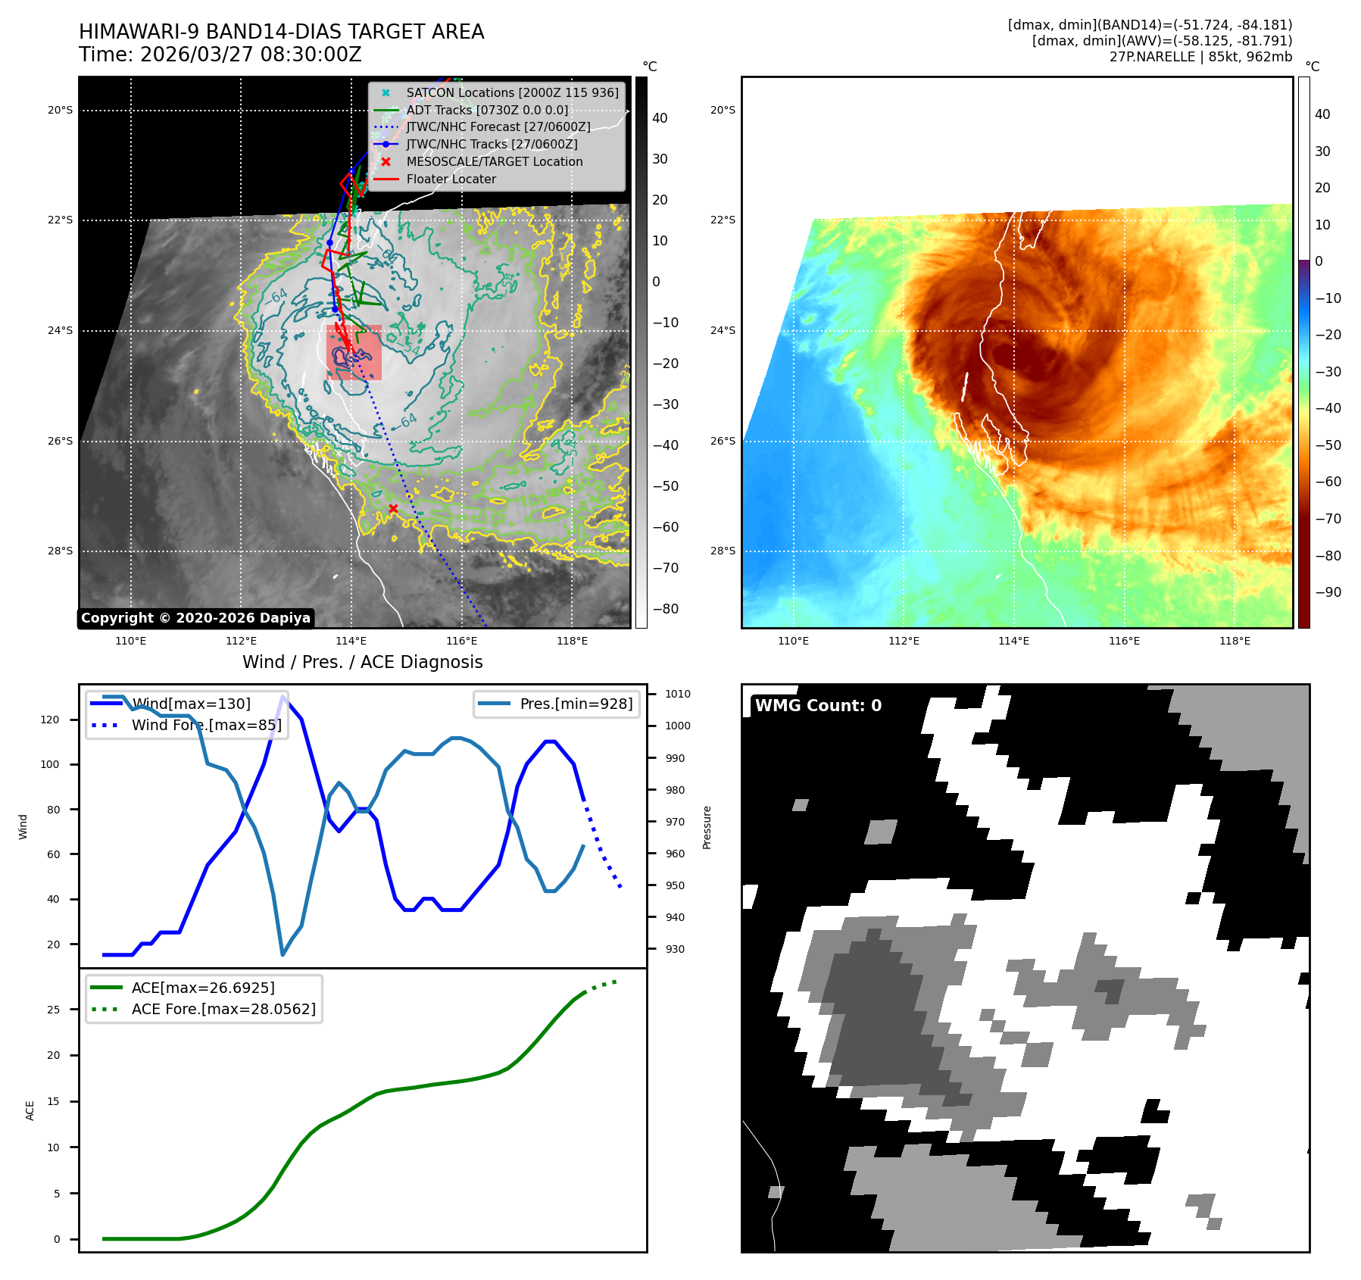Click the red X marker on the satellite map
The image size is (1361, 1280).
tap(393, 508)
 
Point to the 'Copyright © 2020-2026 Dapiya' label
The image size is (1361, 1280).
tap(195, 618)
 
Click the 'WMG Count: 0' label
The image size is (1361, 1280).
tap(818, 705)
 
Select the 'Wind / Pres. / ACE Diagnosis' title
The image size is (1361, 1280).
tap(363, 662)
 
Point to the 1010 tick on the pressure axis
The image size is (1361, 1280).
tap(678, 694)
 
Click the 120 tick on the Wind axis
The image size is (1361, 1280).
tap(50, 720)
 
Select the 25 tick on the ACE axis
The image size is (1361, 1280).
tap(53, 1009)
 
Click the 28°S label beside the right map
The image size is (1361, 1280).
tap(723, 551)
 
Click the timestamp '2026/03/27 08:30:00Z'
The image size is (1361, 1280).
tap(251, 55)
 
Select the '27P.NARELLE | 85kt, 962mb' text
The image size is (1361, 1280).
tap(1200, 57)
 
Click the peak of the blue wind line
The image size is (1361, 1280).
tap(283, 697)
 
